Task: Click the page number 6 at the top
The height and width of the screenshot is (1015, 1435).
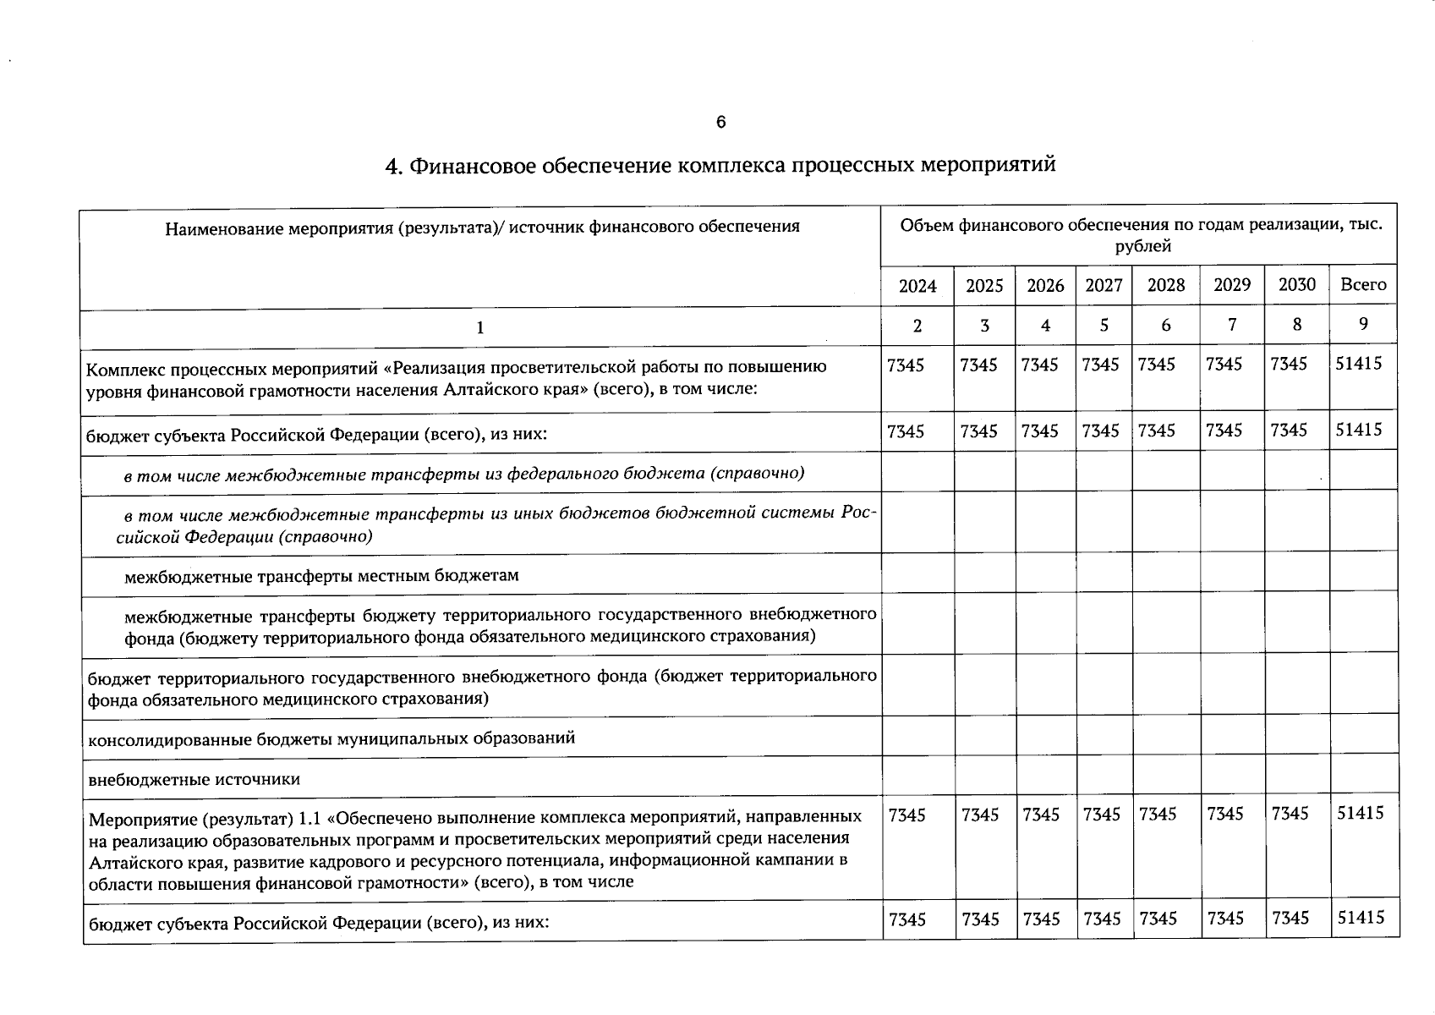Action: click(x=720, y=123)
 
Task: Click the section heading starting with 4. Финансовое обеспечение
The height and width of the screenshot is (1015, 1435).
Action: click(x=720, y=164)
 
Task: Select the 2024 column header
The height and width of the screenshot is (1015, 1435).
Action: click(x=917, y=286)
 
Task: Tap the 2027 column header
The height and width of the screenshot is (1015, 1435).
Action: click(x=1104, y=285)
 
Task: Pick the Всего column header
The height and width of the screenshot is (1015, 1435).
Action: click(x=1363, y=284)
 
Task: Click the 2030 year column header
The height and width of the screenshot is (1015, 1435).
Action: click(x=1296, y=284)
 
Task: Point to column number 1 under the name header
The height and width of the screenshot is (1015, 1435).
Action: click(x=479, y=327)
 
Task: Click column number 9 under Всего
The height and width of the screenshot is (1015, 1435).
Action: click(x=1363, y=324)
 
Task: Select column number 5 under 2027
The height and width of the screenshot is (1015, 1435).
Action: click(x=1104, y=325)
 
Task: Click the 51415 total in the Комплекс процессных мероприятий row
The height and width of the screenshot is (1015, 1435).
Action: click(x=1358, y=364)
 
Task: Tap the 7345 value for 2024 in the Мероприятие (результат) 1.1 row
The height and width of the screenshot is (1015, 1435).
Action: click(x=906, y=815)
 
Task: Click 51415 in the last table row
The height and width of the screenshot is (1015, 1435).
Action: click(x=1360, y=917)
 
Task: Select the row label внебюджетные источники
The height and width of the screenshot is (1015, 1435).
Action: click(x=194, y=779)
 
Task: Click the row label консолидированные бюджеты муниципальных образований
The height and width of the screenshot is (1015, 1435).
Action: click(x=331, y=738)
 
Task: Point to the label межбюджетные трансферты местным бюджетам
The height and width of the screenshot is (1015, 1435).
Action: click(x=321, y=576)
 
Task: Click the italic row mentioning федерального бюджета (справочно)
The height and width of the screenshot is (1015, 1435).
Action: click(x=463, y=473)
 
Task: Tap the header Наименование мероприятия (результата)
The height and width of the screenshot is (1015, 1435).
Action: click(x=482, y=227)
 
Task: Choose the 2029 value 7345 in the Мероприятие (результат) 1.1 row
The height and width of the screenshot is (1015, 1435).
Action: click(x=1224, y=814)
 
